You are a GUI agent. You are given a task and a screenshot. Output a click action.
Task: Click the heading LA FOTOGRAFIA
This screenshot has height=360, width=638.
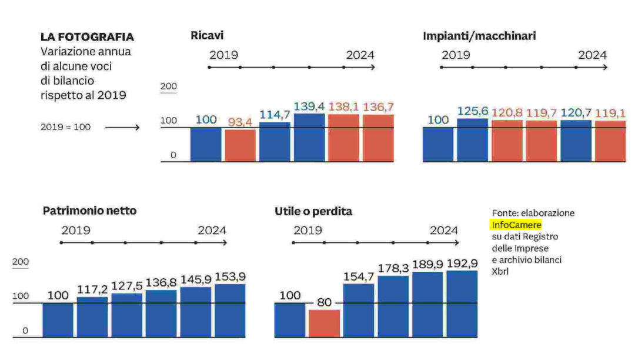pos(87,38)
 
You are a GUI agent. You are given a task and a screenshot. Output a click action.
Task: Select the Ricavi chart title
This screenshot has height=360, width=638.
pos(207,35)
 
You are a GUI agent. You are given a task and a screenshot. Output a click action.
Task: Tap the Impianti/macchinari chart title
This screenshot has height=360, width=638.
pos(479,36)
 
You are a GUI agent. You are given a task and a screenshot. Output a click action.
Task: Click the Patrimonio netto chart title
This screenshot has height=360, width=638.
pos(89,211)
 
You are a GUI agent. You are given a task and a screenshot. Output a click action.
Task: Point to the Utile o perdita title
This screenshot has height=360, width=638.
pos(313,211)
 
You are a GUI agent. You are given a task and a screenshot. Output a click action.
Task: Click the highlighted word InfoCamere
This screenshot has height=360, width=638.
pos(516,225)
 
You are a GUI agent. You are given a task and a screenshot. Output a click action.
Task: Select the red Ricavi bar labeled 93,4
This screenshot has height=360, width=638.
pos(240,145)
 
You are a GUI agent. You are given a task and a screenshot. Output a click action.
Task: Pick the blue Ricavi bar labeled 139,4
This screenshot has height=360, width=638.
pos(309,138)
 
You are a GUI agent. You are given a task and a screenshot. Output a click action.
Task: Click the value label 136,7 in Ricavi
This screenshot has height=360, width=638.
pos(378,107)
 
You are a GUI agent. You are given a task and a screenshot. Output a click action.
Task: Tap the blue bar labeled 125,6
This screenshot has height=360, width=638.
pos(472,140)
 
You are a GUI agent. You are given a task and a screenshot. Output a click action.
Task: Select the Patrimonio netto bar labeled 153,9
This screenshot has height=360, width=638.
pos(230,311)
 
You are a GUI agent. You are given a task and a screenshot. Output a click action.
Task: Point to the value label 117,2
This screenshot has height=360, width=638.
pos(92,290)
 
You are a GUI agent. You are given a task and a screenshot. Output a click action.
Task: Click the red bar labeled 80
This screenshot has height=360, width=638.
pos(324,324)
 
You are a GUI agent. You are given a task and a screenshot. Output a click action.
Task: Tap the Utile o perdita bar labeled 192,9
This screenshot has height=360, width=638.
pos(462,304)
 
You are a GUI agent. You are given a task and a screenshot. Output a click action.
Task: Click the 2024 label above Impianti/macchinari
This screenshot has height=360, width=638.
pos(592,55)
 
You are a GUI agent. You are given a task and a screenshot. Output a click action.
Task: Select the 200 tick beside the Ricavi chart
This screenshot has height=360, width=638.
pos(169,86)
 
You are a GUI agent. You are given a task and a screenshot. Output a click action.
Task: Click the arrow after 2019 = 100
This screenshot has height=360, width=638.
pos(122,126)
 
